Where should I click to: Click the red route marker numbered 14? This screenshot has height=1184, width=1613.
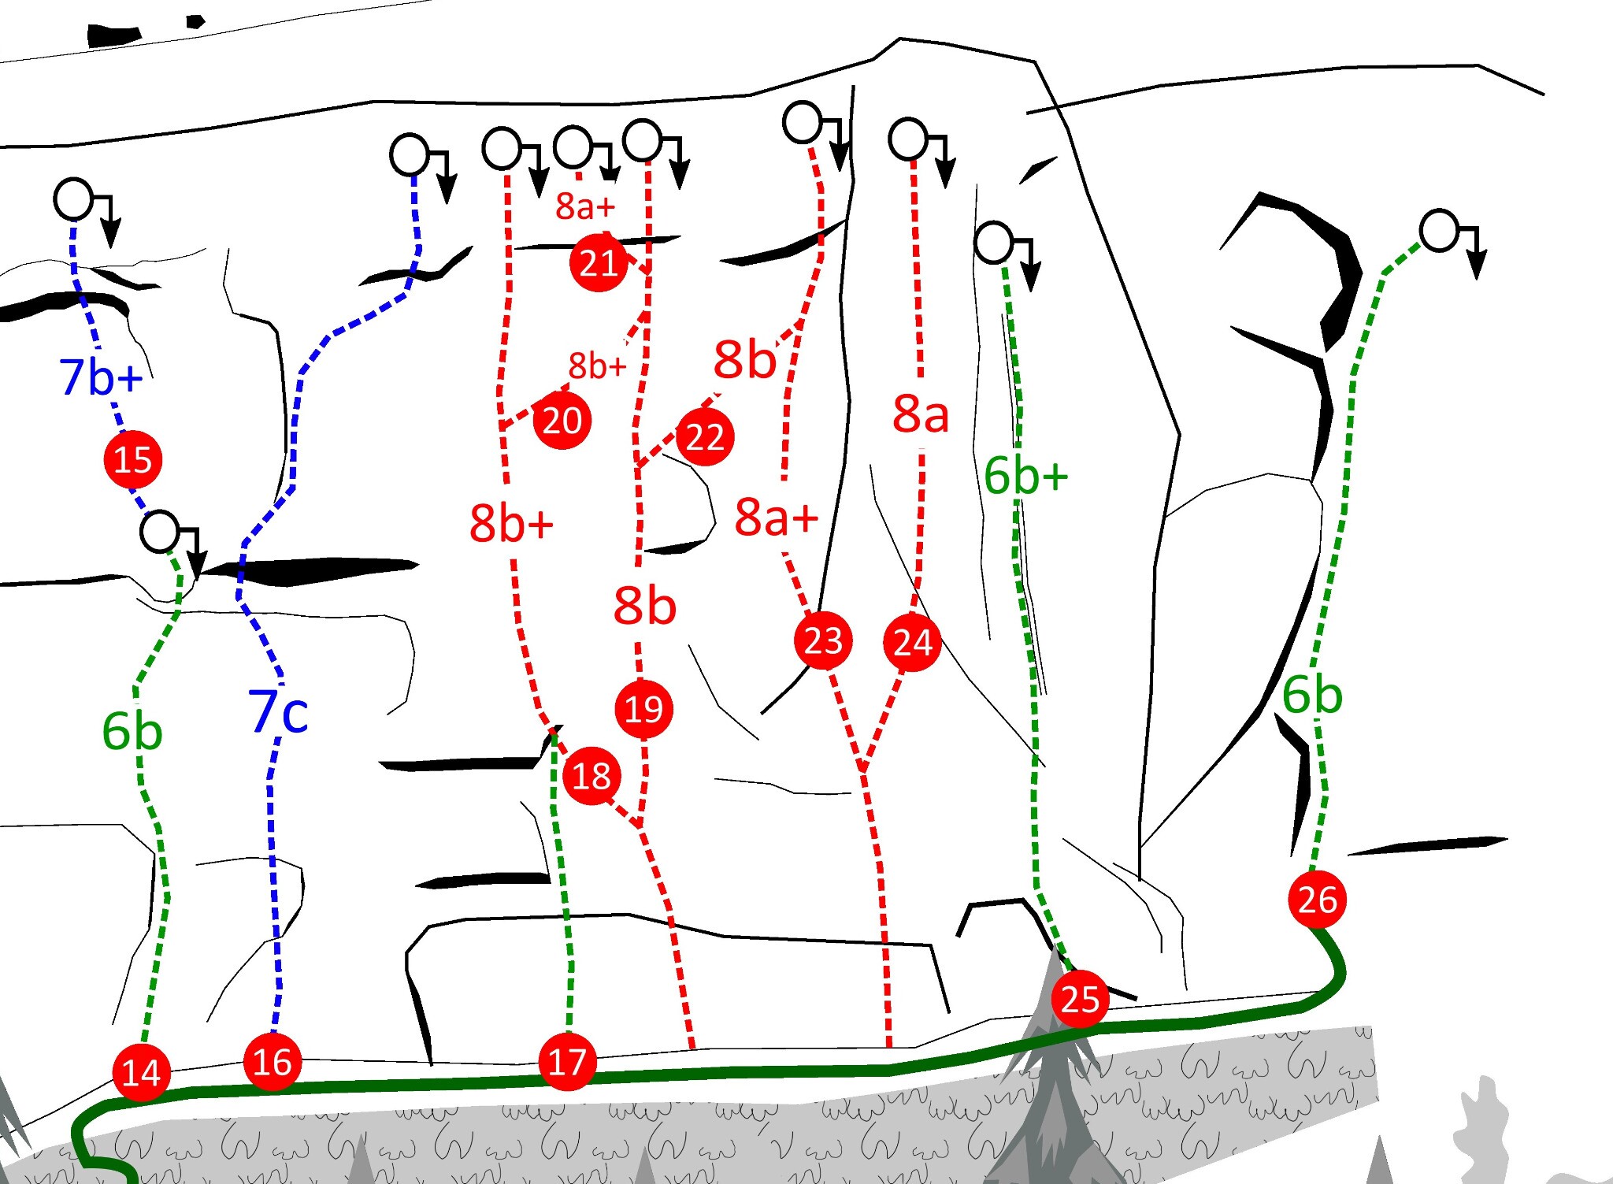tap(142, 1072)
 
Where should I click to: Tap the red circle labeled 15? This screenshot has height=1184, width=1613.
tap(133, 459)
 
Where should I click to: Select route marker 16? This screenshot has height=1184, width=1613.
tap(273, 1062)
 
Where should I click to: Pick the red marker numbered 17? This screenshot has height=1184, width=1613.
tap(567, 1062)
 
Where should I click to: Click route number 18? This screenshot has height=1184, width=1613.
tap(592, 776)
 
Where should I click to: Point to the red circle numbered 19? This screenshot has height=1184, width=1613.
tap(644, 709)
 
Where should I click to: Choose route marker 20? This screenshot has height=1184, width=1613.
tap(562, 421)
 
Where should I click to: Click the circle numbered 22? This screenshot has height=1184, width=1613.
tap(705, 436)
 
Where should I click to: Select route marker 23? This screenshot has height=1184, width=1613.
tap(824, 640)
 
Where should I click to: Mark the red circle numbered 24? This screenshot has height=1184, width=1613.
tap(913, 642)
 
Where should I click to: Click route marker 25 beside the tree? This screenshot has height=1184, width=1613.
tap(1081, 999)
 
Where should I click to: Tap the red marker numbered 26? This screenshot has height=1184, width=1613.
tap(1318, 899)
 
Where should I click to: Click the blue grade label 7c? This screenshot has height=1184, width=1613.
tap(278, 711)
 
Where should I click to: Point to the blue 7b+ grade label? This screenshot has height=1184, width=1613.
tap(101, 377)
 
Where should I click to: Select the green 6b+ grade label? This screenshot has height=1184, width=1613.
tap(1026, 476)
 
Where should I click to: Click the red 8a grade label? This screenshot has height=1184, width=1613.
tap(921, 413)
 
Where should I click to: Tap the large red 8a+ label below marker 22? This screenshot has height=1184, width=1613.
tap(777, 518)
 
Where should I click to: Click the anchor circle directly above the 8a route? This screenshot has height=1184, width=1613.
tap(908, 139)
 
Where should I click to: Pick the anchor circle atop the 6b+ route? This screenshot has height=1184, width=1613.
tap(994, 242)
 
